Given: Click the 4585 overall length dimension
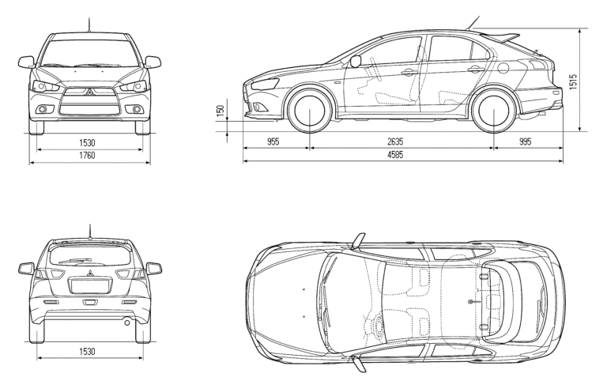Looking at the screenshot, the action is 395,155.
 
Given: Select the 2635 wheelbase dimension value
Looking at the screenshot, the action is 395,141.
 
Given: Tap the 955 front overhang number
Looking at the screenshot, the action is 273,141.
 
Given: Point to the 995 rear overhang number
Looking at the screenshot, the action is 525,141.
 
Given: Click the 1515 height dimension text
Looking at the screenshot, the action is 573,81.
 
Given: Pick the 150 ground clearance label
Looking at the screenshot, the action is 221,111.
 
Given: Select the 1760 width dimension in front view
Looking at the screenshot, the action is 87,156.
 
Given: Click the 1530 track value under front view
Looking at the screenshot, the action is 87,143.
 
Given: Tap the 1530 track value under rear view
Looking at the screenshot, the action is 87,352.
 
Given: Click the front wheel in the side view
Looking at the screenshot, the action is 310,110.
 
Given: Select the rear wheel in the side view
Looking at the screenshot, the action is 494,110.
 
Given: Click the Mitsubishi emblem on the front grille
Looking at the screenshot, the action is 89,92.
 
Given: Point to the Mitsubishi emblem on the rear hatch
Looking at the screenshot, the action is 89,273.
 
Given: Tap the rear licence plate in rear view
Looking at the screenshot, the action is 90,286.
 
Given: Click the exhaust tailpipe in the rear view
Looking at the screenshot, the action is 127,321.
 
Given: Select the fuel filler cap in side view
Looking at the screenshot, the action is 503,68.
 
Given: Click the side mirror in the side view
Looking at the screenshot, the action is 356,61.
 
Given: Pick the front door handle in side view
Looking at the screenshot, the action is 409,72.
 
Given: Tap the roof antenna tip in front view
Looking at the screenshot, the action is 89,18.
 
